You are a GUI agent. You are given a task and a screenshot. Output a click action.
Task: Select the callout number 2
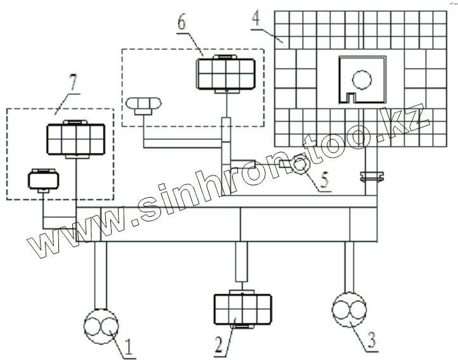tap(219, 345)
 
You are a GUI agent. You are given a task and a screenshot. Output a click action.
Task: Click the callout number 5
tap(324, 181)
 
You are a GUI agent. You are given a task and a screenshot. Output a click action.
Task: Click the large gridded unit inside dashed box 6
tap(226, 72)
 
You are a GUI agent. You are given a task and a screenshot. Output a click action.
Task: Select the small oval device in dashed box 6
tap(143, 104)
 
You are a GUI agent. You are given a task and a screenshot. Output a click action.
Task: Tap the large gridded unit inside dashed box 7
tap(75, 137)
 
